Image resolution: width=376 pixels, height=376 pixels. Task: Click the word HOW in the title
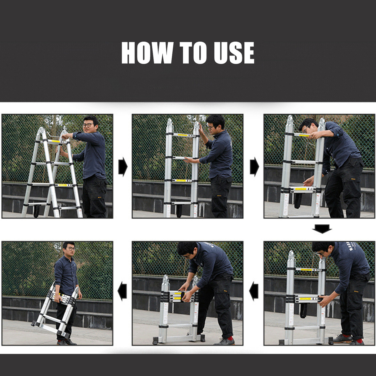(147, 53)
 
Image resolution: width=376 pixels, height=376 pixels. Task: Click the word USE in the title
(234, 53)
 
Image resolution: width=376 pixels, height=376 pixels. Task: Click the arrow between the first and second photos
(123, 167)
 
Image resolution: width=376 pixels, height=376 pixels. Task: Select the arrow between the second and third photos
(254, 167)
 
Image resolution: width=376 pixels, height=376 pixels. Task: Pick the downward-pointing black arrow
(322, 229)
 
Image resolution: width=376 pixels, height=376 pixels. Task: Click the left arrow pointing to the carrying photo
(122, 291)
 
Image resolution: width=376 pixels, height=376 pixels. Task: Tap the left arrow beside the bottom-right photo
(254, 291)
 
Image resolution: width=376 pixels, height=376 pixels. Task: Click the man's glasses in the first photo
(88, 125)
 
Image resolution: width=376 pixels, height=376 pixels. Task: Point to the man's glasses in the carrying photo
(71, 249)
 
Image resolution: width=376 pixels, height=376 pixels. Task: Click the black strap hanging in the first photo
(36, 211)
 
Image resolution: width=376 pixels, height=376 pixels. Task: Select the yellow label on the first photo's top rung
(55, 141)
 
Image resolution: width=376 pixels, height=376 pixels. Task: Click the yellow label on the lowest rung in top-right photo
(302, 189)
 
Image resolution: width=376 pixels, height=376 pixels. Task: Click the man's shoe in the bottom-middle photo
(224, 342)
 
